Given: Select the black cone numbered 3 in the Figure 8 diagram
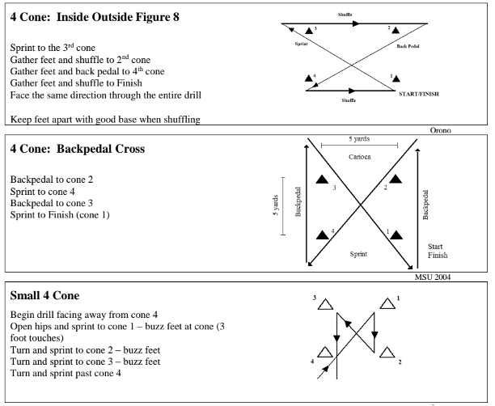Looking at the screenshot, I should coord(309,30).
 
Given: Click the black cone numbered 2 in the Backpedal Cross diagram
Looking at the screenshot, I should coord(396,178).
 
